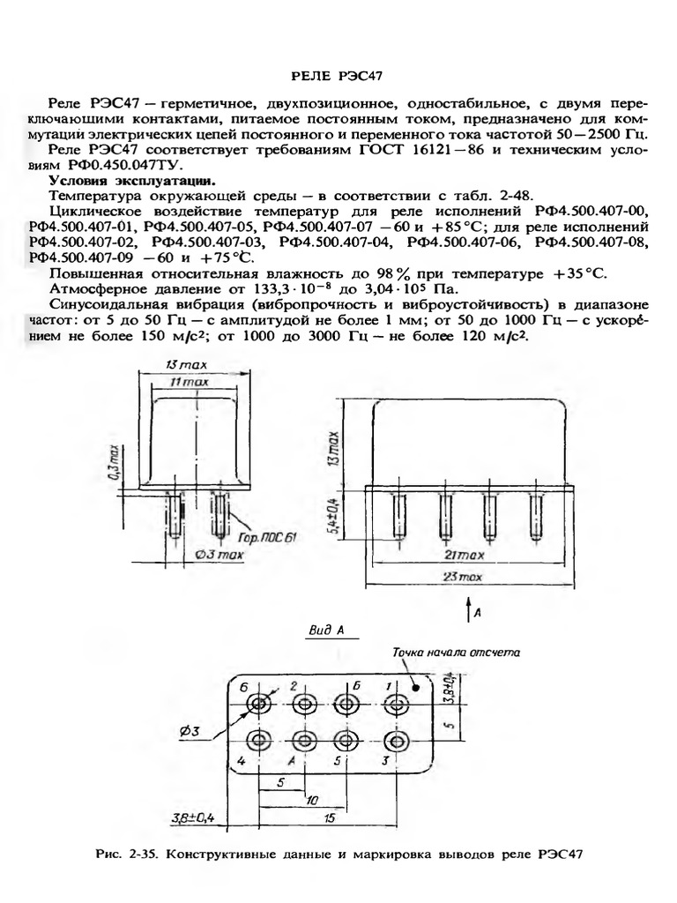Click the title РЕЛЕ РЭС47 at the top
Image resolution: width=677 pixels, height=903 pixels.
point(338,78)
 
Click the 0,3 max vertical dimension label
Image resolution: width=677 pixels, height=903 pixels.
point(115,460)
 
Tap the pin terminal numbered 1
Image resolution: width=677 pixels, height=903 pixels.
point(398,704)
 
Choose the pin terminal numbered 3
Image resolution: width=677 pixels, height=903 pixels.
point(398,739)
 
